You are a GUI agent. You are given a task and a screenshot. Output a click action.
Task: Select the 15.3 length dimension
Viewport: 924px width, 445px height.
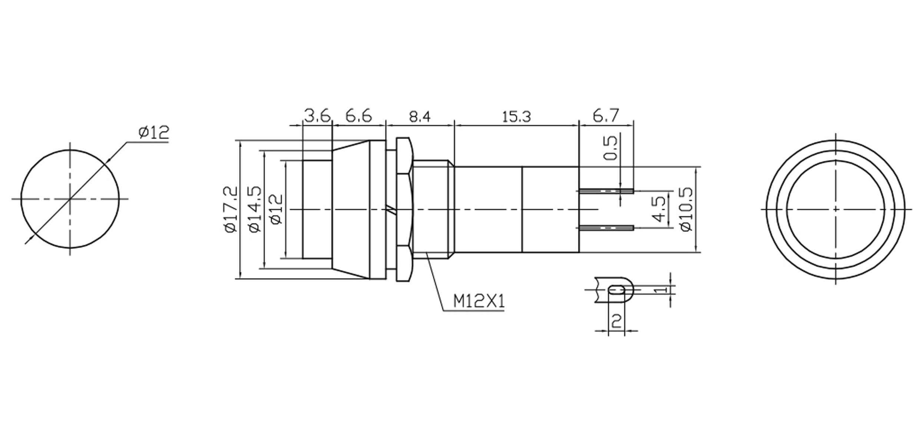click(516, 117)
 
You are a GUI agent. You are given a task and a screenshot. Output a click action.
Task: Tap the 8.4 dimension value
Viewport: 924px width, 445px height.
click(420, 117)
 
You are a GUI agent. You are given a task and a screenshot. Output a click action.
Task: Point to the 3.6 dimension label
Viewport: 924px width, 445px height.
click(317, 116)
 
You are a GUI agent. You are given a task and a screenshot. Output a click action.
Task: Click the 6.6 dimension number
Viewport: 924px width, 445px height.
click(358, 116)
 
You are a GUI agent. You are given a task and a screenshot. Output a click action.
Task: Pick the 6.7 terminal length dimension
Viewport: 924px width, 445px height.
click(606, 116)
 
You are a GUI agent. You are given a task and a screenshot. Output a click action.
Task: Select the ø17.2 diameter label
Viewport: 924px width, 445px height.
click(231, 209)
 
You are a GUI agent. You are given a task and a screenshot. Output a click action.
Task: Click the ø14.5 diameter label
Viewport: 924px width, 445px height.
click(255, 209)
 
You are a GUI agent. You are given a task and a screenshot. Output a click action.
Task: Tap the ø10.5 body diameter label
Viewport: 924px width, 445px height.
click(686, 209)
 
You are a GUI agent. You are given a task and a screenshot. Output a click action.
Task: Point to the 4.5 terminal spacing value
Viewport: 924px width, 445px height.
click(659, 209)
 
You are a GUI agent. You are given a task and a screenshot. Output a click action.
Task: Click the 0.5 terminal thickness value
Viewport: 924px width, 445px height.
click(610, 148)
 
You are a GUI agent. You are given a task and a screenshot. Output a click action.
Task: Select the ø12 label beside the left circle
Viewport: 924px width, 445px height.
click(154, 132)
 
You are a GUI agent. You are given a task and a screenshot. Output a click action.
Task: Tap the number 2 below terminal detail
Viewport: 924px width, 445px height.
click(616, 320)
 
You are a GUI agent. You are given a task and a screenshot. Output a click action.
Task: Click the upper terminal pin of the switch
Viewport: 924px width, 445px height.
click(606, 191)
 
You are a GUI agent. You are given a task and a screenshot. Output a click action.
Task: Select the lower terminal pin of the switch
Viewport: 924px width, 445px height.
click(606, 227)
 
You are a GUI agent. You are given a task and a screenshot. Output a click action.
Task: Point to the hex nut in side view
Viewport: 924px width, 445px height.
click(404, 210)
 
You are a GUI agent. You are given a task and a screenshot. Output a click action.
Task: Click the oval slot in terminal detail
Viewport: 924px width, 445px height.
click(617, 290)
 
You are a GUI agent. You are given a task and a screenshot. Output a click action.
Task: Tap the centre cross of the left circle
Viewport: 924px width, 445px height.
click(70, 199)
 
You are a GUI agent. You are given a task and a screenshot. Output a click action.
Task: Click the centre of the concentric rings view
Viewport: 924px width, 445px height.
click(835, 210)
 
